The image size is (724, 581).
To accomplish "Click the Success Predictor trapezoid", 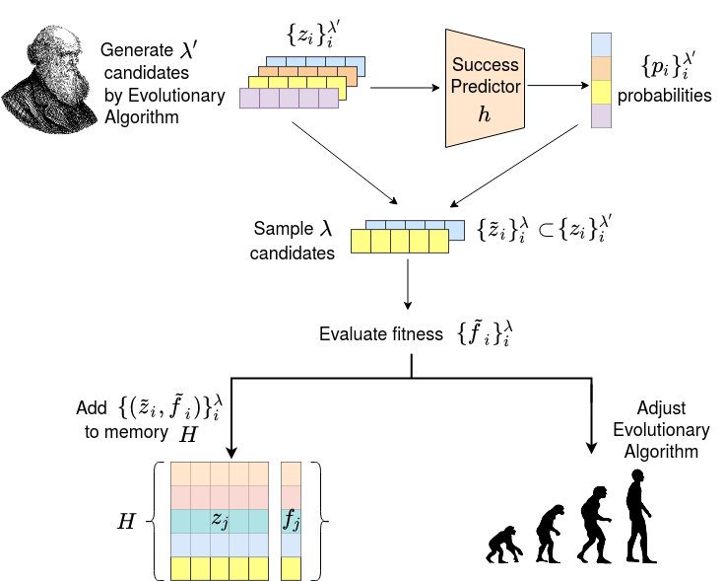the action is pyautogui.click(x=485, y=88).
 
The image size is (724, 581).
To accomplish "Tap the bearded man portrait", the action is pyautogui.click(x=49, y=80).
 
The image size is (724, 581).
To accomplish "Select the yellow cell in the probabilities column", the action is pyautogui.click(x=601, y=92).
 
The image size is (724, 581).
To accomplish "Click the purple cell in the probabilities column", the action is pyautogui.click(x=601, y=115).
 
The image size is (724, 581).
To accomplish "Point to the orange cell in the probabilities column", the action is pyautogui.click(x=601, y=68).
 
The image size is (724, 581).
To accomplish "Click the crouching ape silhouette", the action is pyautogui.click(x=504, y=545).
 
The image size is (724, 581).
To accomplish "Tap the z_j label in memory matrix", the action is pyautogui.click(x=220, y=521).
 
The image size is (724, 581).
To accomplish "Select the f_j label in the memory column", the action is pyautogui.click(x=292, y=520).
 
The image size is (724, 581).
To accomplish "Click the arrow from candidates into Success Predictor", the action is pyautogui.click(x=405, y=88).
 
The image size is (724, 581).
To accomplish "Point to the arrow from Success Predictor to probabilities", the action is pyautogui.click(x=559, y=85).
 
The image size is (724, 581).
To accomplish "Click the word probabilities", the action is pyautogui.click(x=665, y=96).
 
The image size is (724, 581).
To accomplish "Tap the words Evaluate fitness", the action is pyautogui.click(x=381, y=333).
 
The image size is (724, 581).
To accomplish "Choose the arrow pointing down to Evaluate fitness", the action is pyautogui.click(x=407, y=284).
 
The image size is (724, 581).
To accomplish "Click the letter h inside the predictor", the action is pyautogui.click(x=485, y=113).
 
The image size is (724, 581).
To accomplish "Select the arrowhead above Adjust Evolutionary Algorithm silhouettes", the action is pyautogui.click(x=591, y=447).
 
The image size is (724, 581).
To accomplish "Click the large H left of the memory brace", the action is pyautogui.click(x=126, y=521).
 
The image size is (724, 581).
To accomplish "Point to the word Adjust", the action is pyautogui.click(x=661, y=408).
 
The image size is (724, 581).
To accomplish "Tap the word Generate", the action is pyautogui.click(x=137, y=50).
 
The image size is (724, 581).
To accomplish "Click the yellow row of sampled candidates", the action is pyautogui.click(x=400, y=242).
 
